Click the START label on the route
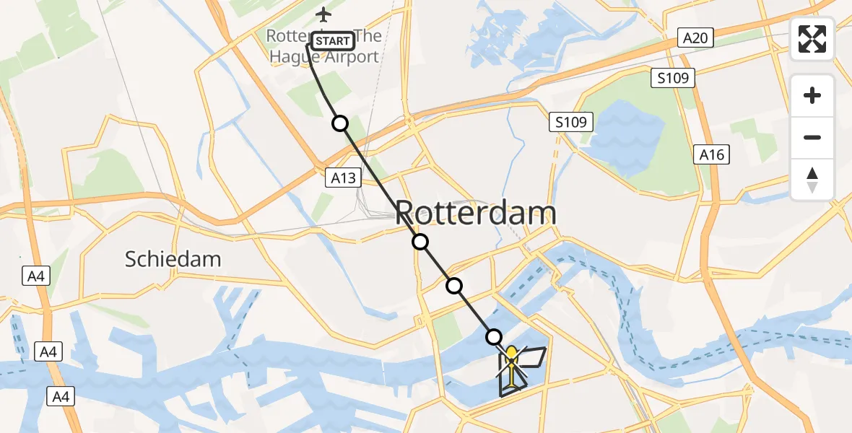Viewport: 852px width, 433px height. click(333, 41)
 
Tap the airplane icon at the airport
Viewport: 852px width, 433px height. click(323, 14)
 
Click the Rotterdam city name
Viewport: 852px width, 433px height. click(477, 214)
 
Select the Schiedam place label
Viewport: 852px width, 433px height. click(173, 259)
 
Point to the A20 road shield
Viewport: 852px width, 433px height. click(695, 38)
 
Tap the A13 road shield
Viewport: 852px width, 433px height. click(343, 177)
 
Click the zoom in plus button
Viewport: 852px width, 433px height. click(812, 95)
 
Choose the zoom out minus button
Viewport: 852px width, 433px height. click(812, 137)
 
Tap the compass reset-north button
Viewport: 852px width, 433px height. click(812, 180)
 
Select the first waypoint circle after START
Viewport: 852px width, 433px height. click(339, 123)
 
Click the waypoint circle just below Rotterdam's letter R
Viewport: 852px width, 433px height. click(420, 242)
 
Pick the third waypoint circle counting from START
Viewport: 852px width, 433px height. click(454, 286)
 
